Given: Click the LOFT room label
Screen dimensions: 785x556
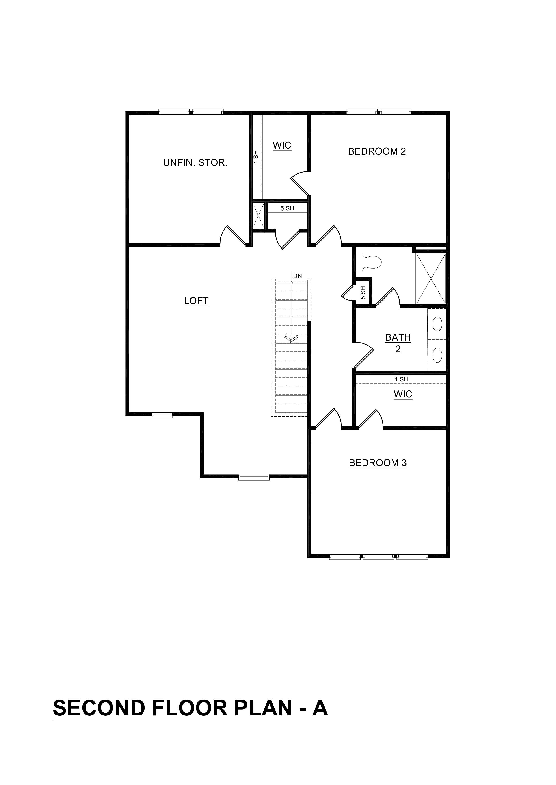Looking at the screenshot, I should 196,301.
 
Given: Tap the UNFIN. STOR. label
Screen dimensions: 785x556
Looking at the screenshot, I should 195,163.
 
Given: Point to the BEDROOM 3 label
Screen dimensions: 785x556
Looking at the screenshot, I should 378,463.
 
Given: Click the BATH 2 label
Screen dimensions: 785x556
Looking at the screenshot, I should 398,343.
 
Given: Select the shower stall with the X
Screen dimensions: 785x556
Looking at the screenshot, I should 431,279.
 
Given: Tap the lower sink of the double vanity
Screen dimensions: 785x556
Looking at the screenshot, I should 437,355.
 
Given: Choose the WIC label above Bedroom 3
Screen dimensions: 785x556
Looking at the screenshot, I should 403,394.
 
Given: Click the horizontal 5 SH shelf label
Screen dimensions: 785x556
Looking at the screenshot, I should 287,208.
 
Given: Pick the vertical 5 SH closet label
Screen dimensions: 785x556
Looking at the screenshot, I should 363,293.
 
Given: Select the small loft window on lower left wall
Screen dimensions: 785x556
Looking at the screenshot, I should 162,415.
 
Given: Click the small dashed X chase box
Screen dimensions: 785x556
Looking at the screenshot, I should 258,215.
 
